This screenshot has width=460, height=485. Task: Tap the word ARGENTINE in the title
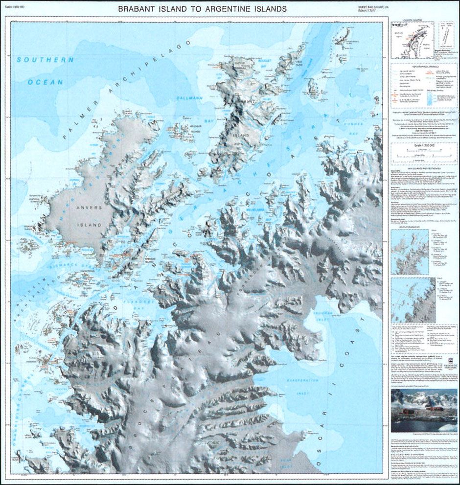(x=232, y=9)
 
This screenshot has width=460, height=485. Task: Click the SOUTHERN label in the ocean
(x=45, y=60)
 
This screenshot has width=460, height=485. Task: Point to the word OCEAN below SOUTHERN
(x=45, y=82)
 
